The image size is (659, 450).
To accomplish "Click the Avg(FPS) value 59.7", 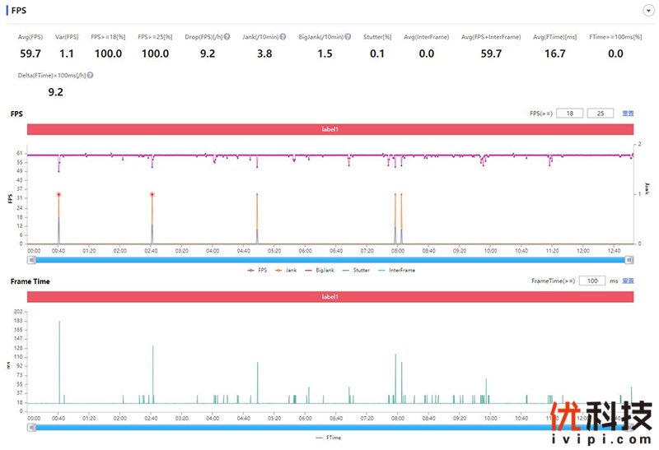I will tap(30, 53).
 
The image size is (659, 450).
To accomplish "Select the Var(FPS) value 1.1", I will tap(68, 53).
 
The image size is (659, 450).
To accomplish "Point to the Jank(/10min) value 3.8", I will tap(264, 53).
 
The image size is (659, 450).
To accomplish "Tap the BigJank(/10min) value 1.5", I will tap(325, 53).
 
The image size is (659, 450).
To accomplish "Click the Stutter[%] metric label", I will tap(377, 37).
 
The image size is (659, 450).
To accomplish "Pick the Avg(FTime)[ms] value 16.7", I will tap(555, 53).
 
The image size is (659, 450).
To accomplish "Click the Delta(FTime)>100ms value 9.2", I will tap(56, 92).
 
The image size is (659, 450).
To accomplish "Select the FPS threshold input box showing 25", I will tap(600, 114).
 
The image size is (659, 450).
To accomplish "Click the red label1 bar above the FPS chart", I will tap(330, 129).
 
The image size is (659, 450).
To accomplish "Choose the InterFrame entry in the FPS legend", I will tap(398, 269).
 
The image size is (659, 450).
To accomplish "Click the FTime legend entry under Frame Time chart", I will tap(329, 438).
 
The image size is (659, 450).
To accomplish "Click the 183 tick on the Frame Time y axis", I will tap(18, 321).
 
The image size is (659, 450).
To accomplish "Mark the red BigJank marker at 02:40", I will tap(152, 195).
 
